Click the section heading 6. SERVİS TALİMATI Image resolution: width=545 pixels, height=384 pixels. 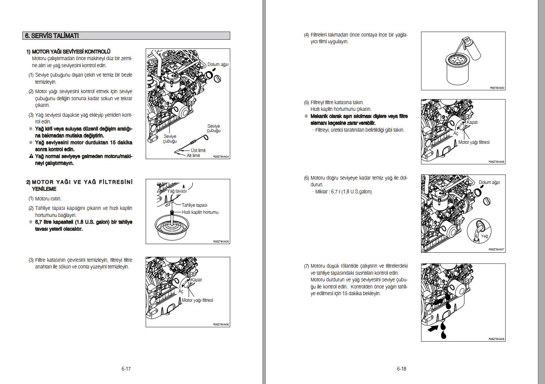coord(52,36)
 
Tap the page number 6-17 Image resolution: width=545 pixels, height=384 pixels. coord(126,369)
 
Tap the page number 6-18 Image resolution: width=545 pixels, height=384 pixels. coord(401,369)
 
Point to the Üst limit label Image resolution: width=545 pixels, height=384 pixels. coord(198,151)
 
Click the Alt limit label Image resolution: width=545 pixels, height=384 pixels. coord(193,156)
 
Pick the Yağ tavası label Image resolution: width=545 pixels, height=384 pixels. coord(177,191)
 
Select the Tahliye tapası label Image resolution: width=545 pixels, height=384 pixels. coord(194,205)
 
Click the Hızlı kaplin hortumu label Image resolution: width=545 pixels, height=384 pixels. coord(200,212)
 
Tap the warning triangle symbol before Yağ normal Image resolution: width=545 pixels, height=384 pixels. coord(31,156)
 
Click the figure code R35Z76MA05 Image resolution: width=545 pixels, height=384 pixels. coord(221,242)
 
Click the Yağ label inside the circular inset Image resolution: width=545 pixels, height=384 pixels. coord(485,236)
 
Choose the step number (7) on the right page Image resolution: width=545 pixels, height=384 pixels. coord(306,266)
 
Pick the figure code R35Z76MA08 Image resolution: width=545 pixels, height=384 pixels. coord(496,339)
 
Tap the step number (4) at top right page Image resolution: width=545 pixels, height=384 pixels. coord(306,35)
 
